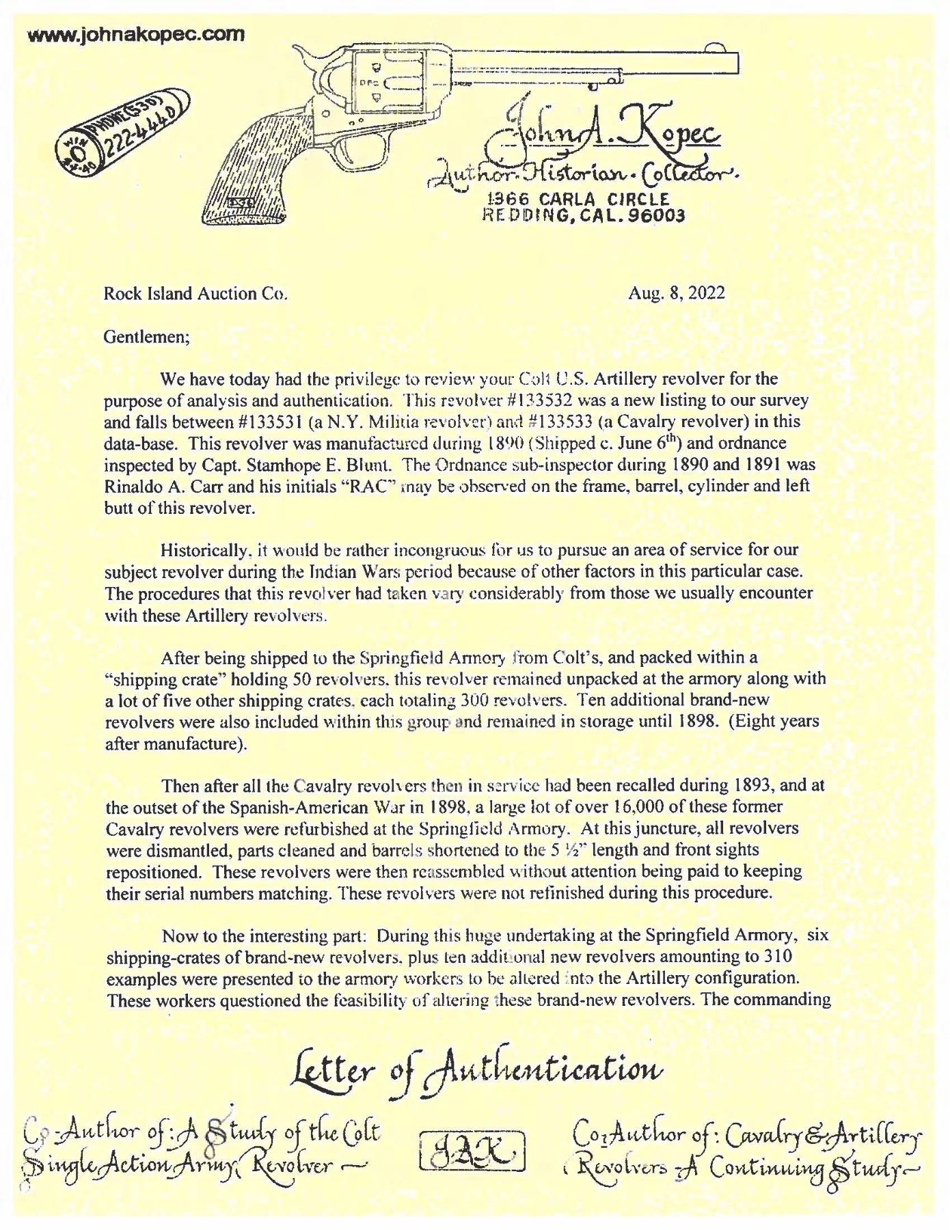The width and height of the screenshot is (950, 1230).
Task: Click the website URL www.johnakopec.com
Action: [135, 33]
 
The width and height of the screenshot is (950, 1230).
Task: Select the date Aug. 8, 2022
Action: [677, 294]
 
